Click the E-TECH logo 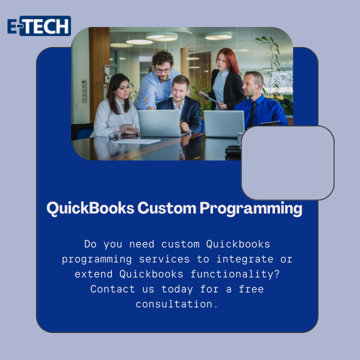[39, 25]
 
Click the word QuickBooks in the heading [90, 208]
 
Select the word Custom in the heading [167, 208]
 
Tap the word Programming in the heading [251, 208]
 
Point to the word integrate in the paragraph [245, 259]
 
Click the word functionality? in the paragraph [235, 274]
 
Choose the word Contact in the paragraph [112, 289]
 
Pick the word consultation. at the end [176, 304]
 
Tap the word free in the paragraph [251, 289]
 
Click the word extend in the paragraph [93, 274]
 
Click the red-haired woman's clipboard [208, 97]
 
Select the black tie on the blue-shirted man [252, 114]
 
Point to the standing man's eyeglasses [163, 70]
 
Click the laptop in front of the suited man [159, 123]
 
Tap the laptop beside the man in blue [224, 124]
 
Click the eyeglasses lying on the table [116, 136]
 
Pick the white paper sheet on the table [136, 141]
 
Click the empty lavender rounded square [287, 163]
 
